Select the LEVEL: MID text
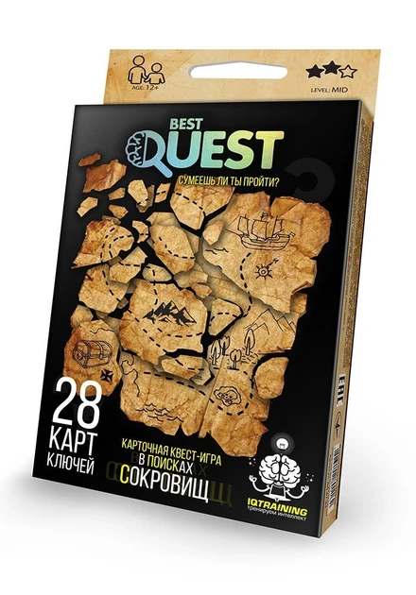tap(325, 88)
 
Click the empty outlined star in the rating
tap(348, 70)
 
